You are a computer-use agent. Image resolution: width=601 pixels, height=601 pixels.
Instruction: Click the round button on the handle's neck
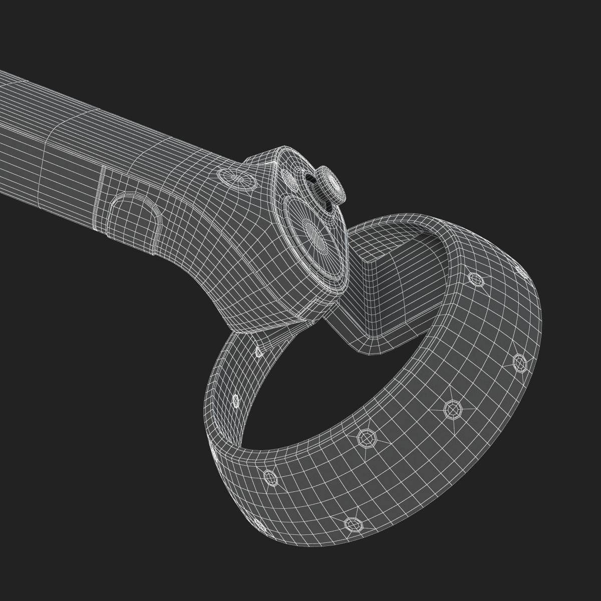point(235,179)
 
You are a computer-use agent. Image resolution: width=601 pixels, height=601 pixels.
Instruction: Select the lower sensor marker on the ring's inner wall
point(235,399)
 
